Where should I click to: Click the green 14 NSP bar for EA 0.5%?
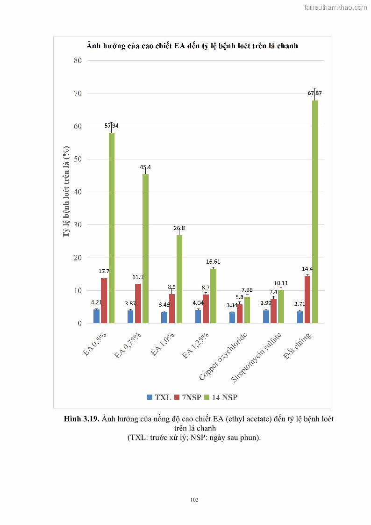[x=112, y=228]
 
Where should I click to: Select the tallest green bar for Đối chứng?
[x=314, y=212]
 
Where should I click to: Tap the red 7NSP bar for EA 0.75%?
[x=138, y=304]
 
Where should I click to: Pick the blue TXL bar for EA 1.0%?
[x=164, y=317]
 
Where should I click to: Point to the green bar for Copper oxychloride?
[x=247, y=310]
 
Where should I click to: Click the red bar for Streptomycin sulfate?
[x=273, y=311]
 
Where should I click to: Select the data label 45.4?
[x=145, y=167]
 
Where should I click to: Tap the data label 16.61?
[x=213, y=262]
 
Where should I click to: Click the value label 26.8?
[x=179, y=228]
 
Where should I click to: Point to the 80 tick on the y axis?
[x=77, y=60]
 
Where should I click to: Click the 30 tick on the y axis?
[x=77, y=225]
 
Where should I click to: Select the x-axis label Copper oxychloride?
[x=223, y=357]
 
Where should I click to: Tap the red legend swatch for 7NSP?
[x=177, y=397]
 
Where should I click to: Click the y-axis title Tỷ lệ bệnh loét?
[x=67, y=192]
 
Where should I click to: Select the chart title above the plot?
[x=192, y=46]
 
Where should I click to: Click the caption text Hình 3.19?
[x=81, y=419]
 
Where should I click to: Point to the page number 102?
[x=194, y=500]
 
